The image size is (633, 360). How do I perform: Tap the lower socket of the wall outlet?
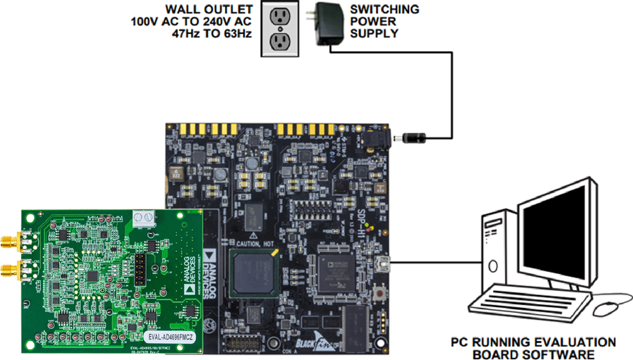[280, 41]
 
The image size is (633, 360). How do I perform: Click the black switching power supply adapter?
[327, 24]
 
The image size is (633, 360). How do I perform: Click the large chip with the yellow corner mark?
[253, 272]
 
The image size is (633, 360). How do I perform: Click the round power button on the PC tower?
[494, 265]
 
